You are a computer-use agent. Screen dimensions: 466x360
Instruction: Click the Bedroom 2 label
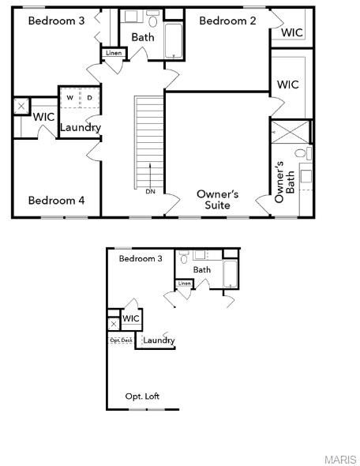227,21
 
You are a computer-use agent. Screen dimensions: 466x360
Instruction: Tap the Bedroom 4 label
56,201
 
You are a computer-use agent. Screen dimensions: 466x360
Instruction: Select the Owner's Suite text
217,199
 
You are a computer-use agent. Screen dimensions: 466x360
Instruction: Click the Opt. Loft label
142,396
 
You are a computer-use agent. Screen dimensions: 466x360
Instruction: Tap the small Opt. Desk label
121,340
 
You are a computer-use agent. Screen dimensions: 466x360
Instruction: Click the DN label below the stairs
150,191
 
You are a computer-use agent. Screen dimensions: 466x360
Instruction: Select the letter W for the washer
70,98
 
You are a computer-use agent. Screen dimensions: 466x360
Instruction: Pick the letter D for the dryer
89,98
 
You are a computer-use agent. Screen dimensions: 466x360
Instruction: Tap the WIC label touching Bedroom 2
292,33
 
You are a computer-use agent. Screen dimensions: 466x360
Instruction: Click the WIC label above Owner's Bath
287,85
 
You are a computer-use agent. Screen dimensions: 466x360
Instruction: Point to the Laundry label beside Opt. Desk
159,340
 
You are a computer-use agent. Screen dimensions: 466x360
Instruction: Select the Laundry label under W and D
80,127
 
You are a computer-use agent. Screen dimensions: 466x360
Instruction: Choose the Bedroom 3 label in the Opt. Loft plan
141,258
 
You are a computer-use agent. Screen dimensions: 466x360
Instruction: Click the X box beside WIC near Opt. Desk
114,324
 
